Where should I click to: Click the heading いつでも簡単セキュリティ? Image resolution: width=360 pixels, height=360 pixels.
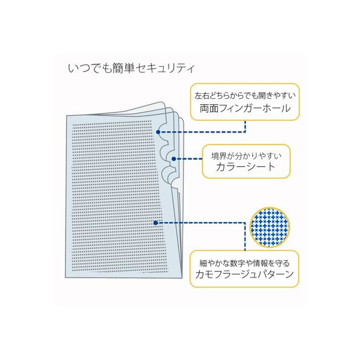[x=131, y=68]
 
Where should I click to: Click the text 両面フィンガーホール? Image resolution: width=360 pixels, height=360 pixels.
[x=245, y=108]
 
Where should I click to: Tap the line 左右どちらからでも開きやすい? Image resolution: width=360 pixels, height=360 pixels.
[x=245, y=96]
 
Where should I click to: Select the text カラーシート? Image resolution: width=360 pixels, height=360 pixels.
[x=246, y=167]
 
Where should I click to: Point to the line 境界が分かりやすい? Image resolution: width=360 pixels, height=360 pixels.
[x=246, y=156]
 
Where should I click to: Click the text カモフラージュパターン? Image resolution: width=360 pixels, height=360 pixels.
[x=244, y=274]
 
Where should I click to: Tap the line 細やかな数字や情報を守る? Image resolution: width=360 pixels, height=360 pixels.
[x=244, y=263]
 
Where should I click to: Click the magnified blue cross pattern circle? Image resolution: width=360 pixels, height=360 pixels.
[x=270, y=228]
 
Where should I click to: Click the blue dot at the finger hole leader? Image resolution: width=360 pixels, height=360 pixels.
[x=158, y=132]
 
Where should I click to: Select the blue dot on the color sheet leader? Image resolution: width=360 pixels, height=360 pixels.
[x=174, y=159]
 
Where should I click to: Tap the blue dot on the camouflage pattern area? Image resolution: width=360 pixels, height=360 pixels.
[x=156, y=223]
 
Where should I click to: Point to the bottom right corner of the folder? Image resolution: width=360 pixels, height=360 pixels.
[x=182, y=278]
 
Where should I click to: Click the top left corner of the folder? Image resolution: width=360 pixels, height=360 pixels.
[x=67, y=116]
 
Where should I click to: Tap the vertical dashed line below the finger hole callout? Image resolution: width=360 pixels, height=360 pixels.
[x=245, y=126]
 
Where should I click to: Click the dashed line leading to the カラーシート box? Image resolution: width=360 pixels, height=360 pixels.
[x=189, y=159]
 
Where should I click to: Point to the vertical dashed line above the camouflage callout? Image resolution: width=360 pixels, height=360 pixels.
[x=245, y=237]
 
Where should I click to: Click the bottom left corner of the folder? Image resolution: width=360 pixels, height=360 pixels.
[x=66, y=278]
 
